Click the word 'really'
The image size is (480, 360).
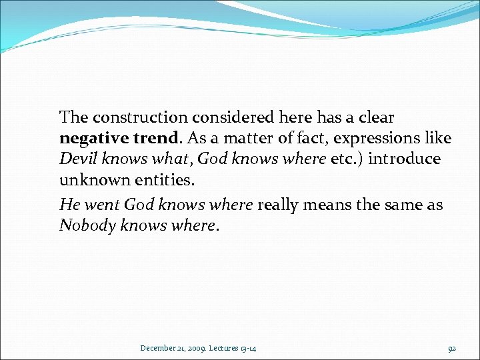pos(280,204)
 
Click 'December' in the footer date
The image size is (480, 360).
pos(159,347)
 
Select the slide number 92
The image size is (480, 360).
pos(451,347)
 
